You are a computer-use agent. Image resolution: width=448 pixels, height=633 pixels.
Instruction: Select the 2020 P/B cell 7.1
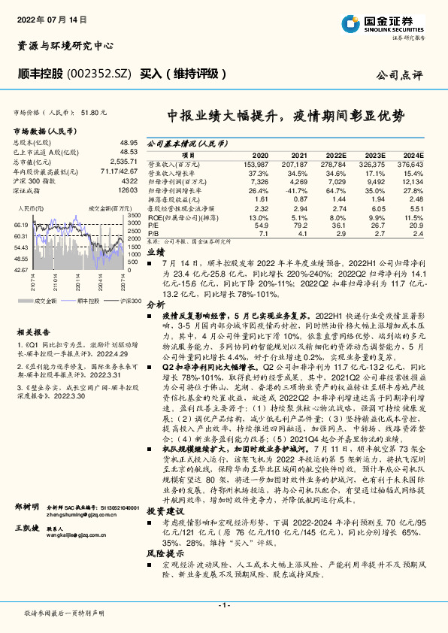[262, 235]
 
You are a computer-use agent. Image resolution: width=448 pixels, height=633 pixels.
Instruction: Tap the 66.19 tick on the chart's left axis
[21, 224]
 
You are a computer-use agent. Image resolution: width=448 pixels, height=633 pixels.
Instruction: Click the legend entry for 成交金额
[46, 300]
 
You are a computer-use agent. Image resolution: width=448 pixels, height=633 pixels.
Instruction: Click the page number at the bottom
[223, 605]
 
